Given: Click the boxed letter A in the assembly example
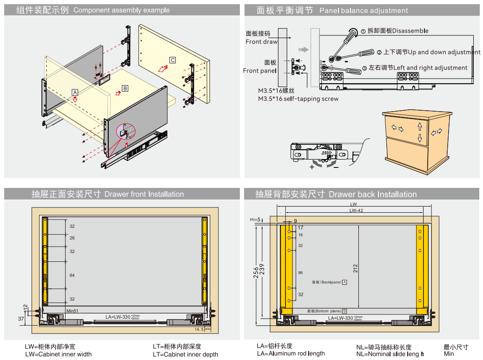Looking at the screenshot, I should click(x=74, y=92).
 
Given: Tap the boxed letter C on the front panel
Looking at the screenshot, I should click(x=172, y=60).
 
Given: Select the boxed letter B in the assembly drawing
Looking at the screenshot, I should click(x=125, y=88).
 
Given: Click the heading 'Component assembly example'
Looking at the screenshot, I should click(x=121, y=10).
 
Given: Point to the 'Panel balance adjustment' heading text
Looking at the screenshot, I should click(x=364, y=10).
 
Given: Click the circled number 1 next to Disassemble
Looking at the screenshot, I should click(x=363, y=31).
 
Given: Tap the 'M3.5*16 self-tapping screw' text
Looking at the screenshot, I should click(x=298, y=99).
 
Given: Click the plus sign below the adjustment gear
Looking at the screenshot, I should click(x=311, y=167).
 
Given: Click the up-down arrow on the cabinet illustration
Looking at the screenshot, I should click(x=419, y=132).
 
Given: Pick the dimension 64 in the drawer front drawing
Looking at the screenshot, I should click(x=72, y=275).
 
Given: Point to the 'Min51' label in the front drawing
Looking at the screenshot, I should click(x=72, y=311).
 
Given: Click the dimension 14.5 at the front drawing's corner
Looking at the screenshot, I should click(x=199, y=329).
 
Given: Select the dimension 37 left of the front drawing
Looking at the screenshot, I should click(x=21, y=319).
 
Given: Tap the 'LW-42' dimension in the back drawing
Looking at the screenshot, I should click(x=356, y=211).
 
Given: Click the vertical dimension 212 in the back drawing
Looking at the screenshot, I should click(x=356, y=268).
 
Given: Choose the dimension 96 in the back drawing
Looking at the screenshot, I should click(x=300, y=273).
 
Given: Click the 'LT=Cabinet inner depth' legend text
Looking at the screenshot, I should click(x=185, y=354).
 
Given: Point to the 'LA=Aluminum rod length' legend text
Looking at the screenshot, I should click(x=291, y=353).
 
